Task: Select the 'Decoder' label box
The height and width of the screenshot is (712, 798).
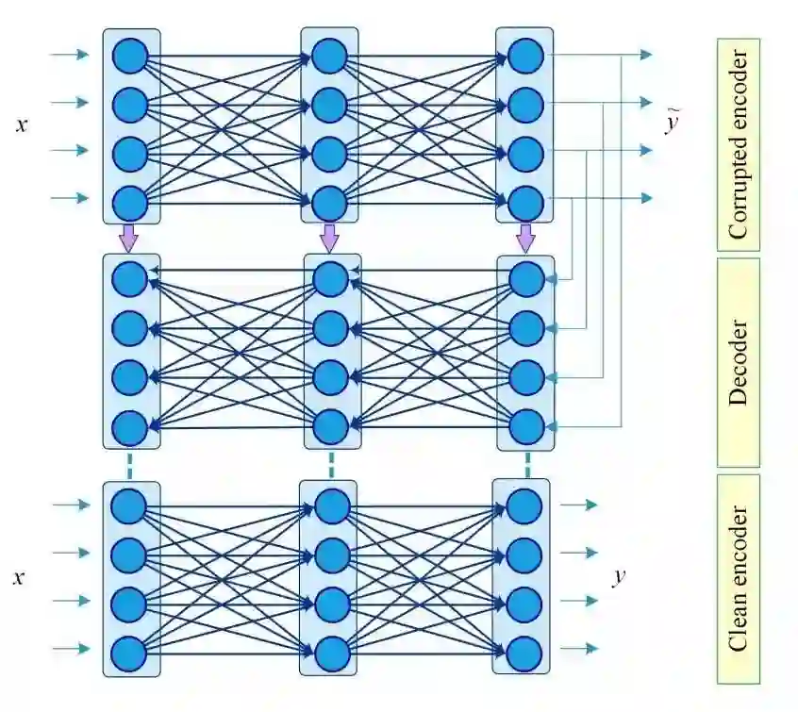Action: (738, 363)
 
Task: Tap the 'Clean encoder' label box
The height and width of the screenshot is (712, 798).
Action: (738, 579)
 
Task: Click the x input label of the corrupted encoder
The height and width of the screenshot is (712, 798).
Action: (22, 124)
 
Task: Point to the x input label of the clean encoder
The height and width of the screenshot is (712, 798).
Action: (18, 576)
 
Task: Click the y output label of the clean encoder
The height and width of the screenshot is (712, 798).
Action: (619, 576)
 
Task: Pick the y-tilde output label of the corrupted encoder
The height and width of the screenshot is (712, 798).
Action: (672, 124)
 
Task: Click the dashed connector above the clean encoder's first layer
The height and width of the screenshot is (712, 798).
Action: (129, 465)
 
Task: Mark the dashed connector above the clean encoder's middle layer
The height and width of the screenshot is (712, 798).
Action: (331, 465)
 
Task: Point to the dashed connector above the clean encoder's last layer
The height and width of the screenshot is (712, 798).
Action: (526, 465)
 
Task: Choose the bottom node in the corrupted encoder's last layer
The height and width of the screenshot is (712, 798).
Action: (525, 201)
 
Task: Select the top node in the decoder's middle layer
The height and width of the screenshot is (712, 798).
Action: (331, 279)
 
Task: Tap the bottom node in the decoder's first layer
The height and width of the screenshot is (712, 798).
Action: (129, 428)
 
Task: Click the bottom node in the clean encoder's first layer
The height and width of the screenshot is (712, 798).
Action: (129, 653)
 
